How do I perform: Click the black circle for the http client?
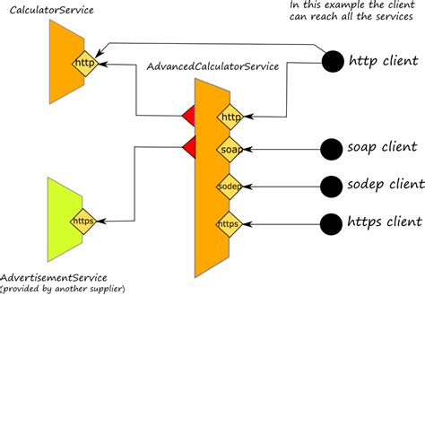click(x=333, y=63)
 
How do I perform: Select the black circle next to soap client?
click(x=333, y=148)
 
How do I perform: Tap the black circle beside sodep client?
click(x=333, y=186)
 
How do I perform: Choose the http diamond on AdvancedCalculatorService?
click(x=230, y=117)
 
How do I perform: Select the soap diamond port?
click(x=230, y=150)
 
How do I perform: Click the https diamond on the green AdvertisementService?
click(x=83, y=221)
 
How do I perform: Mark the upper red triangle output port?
click(x=189, y=116)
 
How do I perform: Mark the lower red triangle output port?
click(x=189, y=147)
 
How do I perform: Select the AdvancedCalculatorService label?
click(x=212, y=67)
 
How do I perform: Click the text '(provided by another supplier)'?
click(x=63, y=289)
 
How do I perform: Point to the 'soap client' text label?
click(x=382, y=147)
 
